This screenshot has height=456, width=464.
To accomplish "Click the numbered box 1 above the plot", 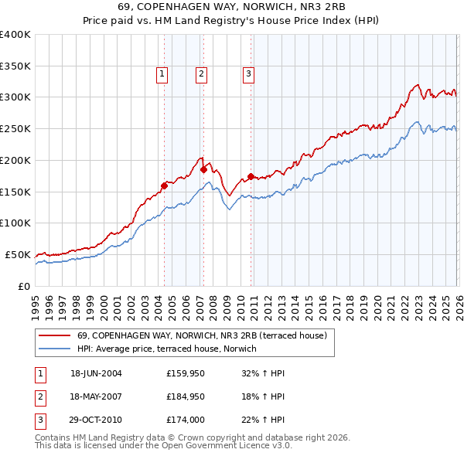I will pyautogui.click(x=162, y=74).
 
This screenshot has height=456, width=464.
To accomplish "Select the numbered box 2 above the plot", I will pyautogui.click(x=201, y=74).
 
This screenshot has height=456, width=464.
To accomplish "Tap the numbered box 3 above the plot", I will pyautogui.click(x=249, y=74).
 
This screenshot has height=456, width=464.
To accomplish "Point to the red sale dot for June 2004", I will pyautogui.click(x=164, y=185).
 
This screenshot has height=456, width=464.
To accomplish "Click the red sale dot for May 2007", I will pyautogui.click(x=203, y=169).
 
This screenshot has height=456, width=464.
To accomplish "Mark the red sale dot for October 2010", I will pyautogui.click(x=251, y=176).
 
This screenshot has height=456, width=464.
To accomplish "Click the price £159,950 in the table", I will pyautogui.click(x=185, y=373).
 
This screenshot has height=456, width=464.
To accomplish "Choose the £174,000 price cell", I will pyautogui.click(x=185, y=421).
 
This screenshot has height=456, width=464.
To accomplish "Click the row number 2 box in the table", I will pyautogui.click(x=39, y=397).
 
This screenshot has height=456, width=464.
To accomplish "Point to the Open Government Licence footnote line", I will pyautogui.click(x=163, y=446).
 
